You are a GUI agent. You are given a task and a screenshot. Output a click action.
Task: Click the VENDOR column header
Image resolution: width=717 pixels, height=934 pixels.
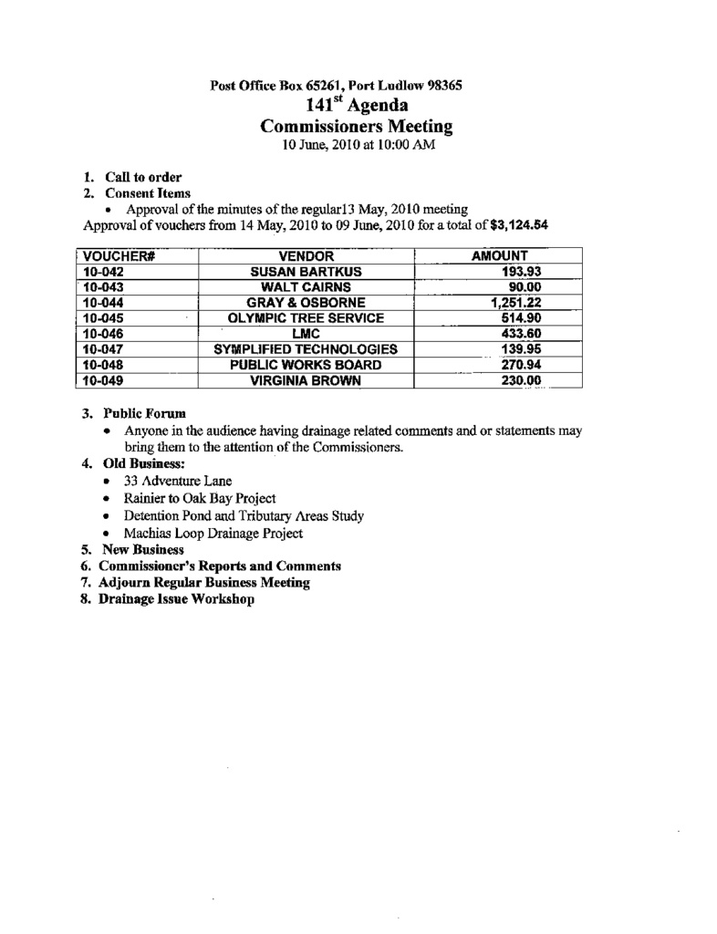[306, 256]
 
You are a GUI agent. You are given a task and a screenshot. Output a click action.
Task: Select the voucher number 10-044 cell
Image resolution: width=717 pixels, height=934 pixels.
[102, 303]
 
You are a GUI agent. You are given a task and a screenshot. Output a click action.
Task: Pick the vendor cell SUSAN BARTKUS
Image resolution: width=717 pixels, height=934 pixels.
[306, 272]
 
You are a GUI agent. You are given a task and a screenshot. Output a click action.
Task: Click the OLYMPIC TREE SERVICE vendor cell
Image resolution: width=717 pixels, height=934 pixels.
[306, 318]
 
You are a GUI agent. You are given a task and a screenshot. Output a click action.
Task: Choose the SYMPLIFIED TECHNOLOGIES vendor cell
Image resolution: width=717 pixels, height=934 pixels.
[306, 349]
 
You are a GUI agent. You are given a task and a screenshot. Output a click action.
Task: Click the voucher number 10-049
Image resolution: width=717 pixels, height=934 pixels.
[102, 380]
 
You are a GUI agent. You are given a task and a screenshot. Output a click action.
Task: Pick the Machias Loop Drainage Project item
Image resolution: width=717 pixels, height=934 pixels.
[213, 533]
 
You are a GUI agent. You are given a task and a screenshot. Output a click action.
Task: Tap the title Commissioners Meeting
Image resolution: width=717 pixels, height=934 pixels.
[357, 127]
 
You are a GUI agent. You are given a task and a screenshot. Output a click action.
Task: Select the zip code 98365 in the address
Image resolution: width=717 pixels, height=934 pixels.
[442, 87]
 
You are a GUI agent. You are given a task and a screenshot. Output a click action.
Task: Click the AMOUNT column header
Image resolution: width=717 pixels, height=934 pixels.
[500, 256]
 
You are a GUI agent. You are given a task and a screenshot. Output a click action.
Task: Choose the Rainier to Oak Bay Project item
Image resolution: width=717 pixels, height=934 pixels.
[199, 498]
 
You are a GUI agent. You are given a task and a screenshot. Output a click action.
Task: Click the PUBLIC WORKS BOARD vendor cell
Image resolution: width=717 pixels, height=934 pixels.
[306, 365]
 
